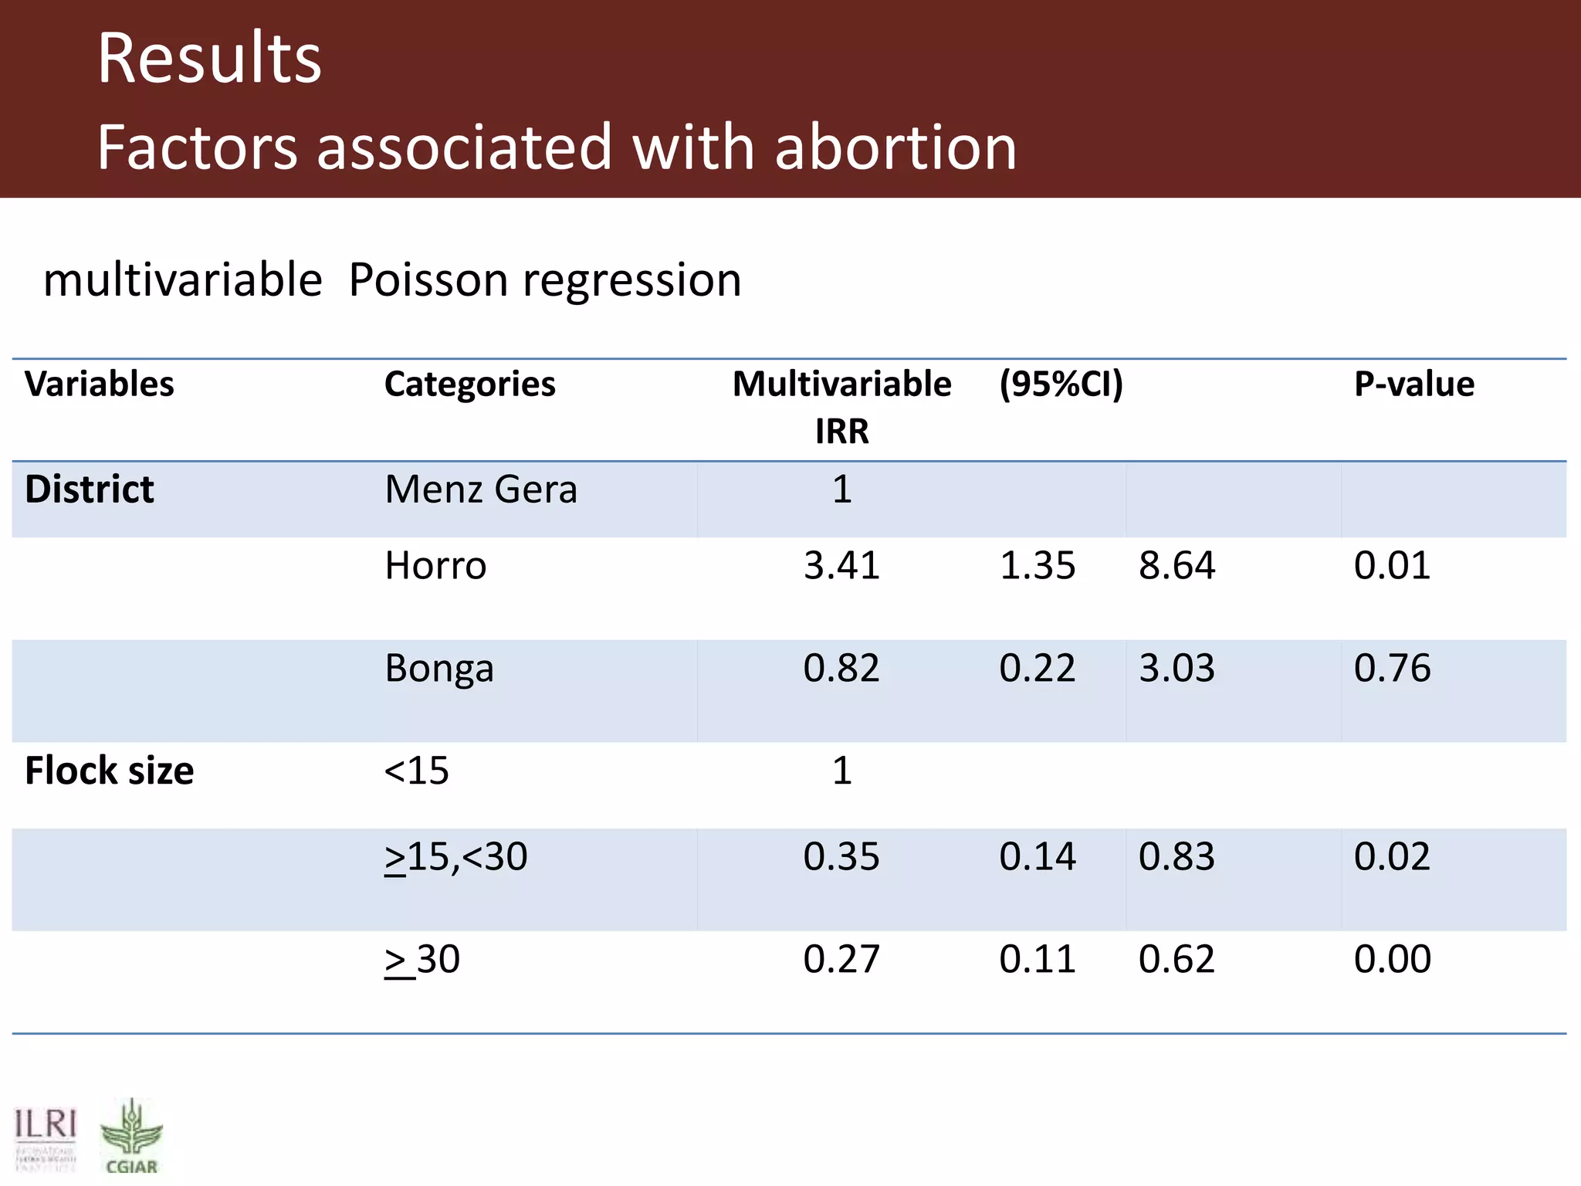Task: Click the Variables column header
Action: coord(100,384)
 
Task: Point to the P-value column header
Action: coord(1413,384)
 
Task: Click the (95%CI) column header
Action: coord(1061,384)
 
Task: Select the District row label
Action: coord(90,490)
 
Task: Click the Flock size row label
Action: coord(109,771)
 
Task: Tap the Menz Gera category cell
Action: coord(480,490)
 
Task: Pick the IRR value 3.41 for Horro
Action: coord(841,565)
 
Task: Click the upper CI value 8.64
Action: coord(1176,565)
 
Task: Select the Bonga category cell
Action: coord(438,668)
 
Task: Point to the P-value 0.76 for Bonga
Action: coord(1392,668)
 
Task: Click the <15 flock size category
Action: coord(417,771)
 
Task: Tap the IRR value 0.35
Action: coord(841,857)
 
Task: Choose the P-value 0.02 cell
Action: coord(1392,857)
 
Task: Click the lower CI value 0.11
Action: coord(1037,960)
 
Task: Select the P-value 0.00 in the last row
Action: coord(1392,960)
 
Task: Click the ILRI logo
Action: coord(46,1137)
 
